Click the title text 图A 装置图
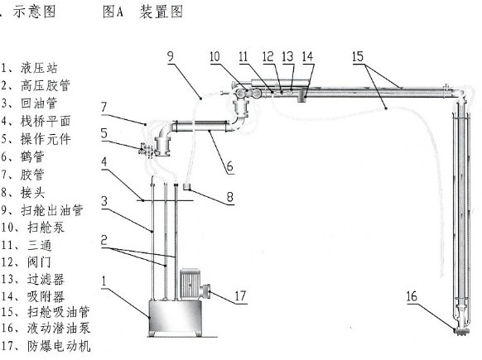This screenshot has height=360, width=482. click(x=143, y=12)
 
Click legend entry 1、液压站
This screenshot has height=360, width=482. click(x=29, y=68)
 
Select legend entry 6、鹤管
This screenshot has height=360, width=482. click(x=22, y=156)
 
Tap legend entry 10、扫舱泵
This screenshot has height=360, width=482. click(x=32, y=228)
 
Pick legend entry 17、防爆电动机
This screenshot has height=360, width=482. click(x=46, y=346)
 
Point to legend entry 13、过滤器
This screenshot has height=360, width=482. click(x=32, y=280)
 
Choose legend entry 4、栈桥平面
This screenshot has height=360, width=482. click(x=36, y=121)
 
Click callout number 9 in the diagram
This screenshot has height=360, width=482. click(x=171, y=56)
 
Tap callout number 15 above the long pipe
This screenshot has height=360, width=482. click(x=358, y=56)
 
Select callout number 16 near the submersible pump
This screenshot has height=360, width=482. click(x=412, y=296)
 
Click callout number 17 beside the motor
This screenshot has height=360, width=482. click(x=240, y=295)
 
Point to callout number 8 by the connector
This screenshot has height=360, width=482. click(x=230, y=197)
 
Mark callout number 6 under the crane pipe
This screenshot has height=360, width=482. click(x=229, y=167)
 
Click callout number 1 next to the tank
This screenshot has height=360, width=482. click(x=104, y=281)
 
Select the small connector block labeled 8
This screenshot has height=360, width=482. click(x=187, y=186)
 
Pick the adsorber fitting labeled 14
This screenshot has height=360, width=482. click(x=301, y=94)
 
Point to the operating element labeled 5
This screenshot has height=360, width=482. click(x=146, y=150)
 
